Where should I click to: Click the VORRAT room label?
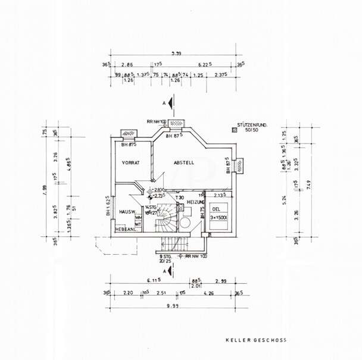coord(131,162)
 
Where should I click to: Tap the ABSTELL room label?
coord(185,162)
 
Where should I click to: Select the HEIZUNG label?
coord(195,203)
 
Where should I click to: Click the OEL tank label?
coord(216,209)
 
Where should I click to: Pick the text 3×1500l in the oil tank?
coord(217,218)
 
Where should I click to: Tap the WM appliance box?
coord(138,218)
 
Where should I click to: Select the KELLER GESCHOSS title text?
coord(256,341)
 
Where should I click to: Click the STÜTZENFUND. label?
coord(251,126)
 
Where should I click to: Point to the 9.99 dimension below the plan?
coord(173,306)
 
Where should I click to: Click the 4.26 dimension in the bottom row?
coord(208,293)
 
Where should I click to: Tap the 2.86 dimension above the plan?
coord(127,64)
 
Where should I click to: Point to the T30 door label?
coord(179,196)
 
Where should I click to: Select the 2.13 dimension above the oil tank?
coord(220,195)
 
